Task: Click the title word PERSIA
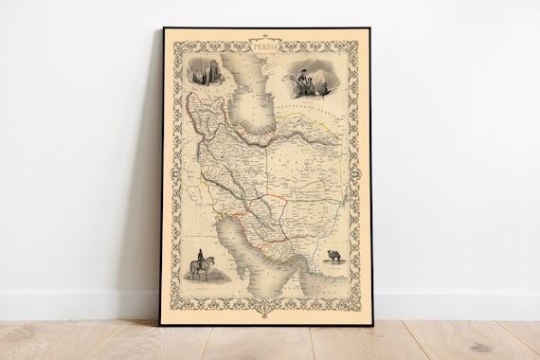tap(266, 44)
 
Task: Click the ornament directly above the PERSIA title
tap(266, 35)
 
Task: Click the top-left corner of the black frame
tap(162, 28)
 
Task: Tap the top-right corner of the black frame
tap(370, 28)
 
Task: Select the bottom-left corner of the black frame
tap(160, 325)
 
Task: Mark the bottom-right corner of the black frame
tap(371, 325)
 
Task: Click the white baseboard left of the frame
tap(76, 303)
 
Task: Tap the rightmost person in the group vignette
tap(325, 87)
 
